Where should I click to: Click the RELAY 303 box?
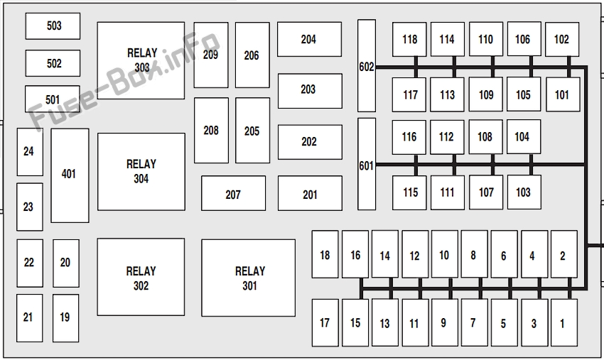pos(141,60)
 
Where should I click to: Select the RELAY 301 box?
pos(248,278)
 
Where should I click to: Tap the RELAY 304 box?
pos(141,171)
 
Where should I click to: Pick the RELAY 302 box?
pos(141,278)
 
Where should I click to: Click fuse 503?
pos(53,26)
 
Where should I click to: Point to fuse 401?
pos(69,175)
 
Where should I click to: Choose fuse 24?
pos(29,151)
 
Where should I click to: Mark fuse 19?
pos(65,317)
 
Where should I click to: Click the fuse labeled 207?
pos(233,194)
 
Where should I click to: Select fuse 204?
pos(308,39)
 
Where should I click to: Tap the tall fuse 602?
pos(366,66)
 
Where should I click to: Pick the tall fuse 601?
pos(366,165)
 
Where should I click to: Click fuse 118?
pos(409,39)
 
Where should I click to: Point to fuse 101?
pos(562,94)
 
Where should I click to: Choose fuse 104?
pos(523,136)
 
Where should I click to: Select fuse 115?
pos(410,192)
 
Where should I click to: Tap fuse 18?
pos(325,254)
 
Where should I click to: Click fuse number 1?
pos(563,323)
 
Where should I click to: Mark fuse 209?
pos(211,55)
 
